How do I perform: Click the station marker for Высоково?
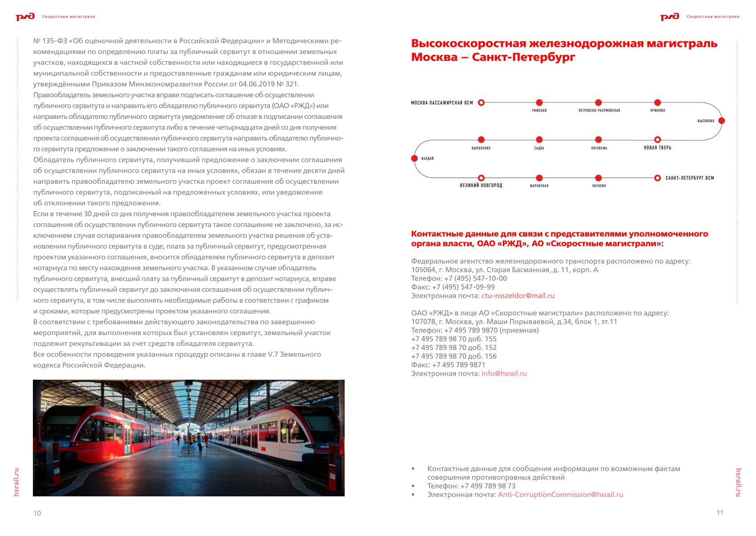(721, 121)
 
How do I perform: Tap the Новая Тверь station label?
(657, 148)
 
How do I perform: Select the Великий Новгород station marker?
(481, 178)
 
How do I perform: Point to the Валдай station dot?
(414, 158)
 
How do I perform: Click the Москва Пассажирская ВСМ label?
(442, 103)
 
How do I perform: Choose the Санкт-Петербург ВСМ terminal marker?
(657, 178)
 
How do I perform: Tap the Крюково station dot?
(657, 103)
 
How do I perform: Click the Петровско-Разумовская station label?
(599, 110)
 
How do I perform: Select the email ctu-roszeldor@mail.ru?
(518, 296)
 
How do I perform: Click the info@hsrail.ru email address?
(504, 373)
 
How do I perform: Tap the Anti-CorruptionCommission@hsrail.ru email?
(560, 495)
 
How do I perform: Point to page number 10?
(37, 513)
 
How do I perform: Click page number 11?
(720, 513)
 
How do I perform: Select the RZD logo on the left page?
(25, 17)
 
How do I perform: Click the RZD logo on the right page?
(669, 17)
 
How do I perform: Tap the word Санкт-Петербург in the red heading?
(524, 57)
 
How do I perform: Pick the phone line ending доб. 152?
(454, 347)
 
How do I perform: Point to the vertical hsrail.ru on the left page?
(17, 482)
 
